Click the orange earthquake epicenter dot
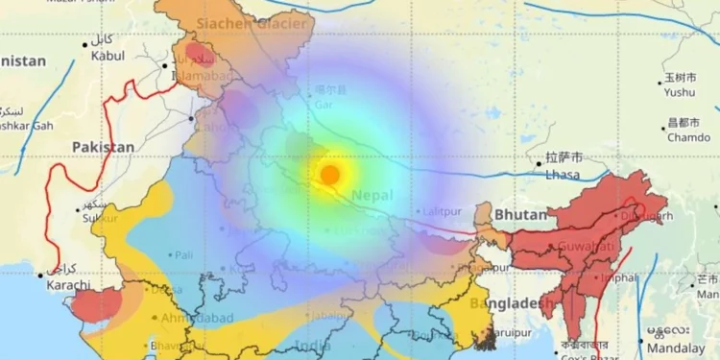coord(329,175)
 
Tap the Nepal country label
coord(372,195)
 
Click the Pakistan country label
coord(104,147)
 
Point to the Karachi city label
coord(64,285)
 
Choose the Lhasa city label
coord(564,176)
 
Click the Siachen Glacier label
coord(251,22)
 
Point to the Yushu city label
coord(679,93)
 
